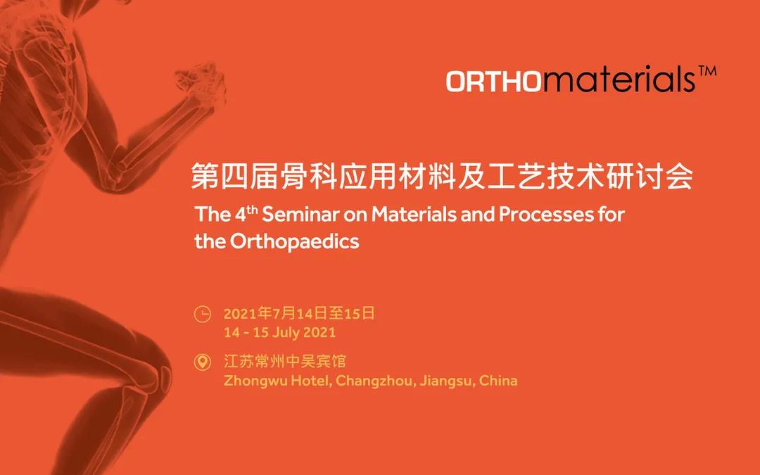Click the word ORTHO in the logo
(493, 81)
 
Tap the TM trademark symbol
(707, 72)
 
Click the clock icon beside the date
(203, 314)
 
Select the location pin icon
(202, 362)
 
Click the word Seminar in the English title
(300, 214)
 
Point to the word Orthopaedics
(294, 241)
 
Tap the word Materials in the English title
(414, 214)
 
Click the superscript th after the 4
(252, 210)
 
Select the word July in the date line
(284, 332)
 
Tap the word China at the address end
(498, 381)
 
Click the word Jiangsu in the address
(447, 381)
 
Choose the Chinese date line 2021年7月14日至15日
(299, 314)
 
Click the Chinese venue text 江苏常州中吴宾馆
(285, 362)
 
